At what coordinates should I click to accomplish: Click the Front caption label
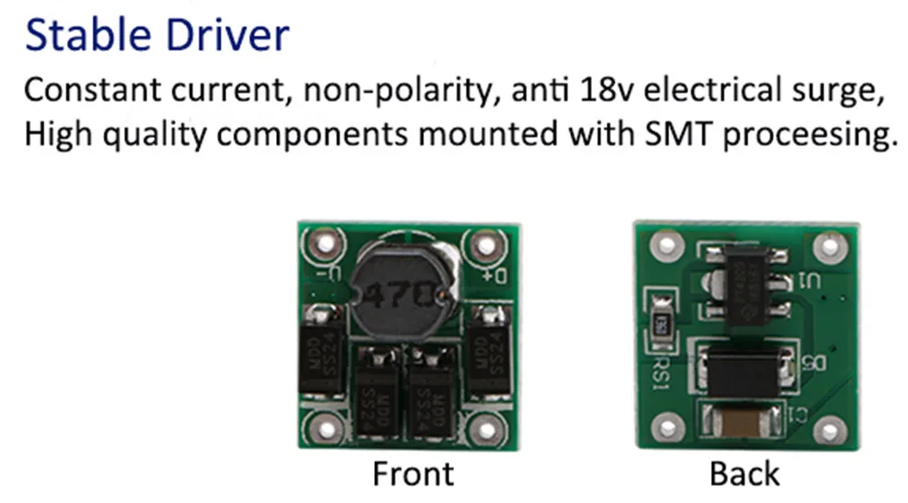point(412,474)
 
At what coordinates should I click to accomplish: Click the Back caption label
point(745,474)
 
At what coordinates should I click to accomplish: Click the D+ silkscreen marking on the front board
point(496,273)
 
